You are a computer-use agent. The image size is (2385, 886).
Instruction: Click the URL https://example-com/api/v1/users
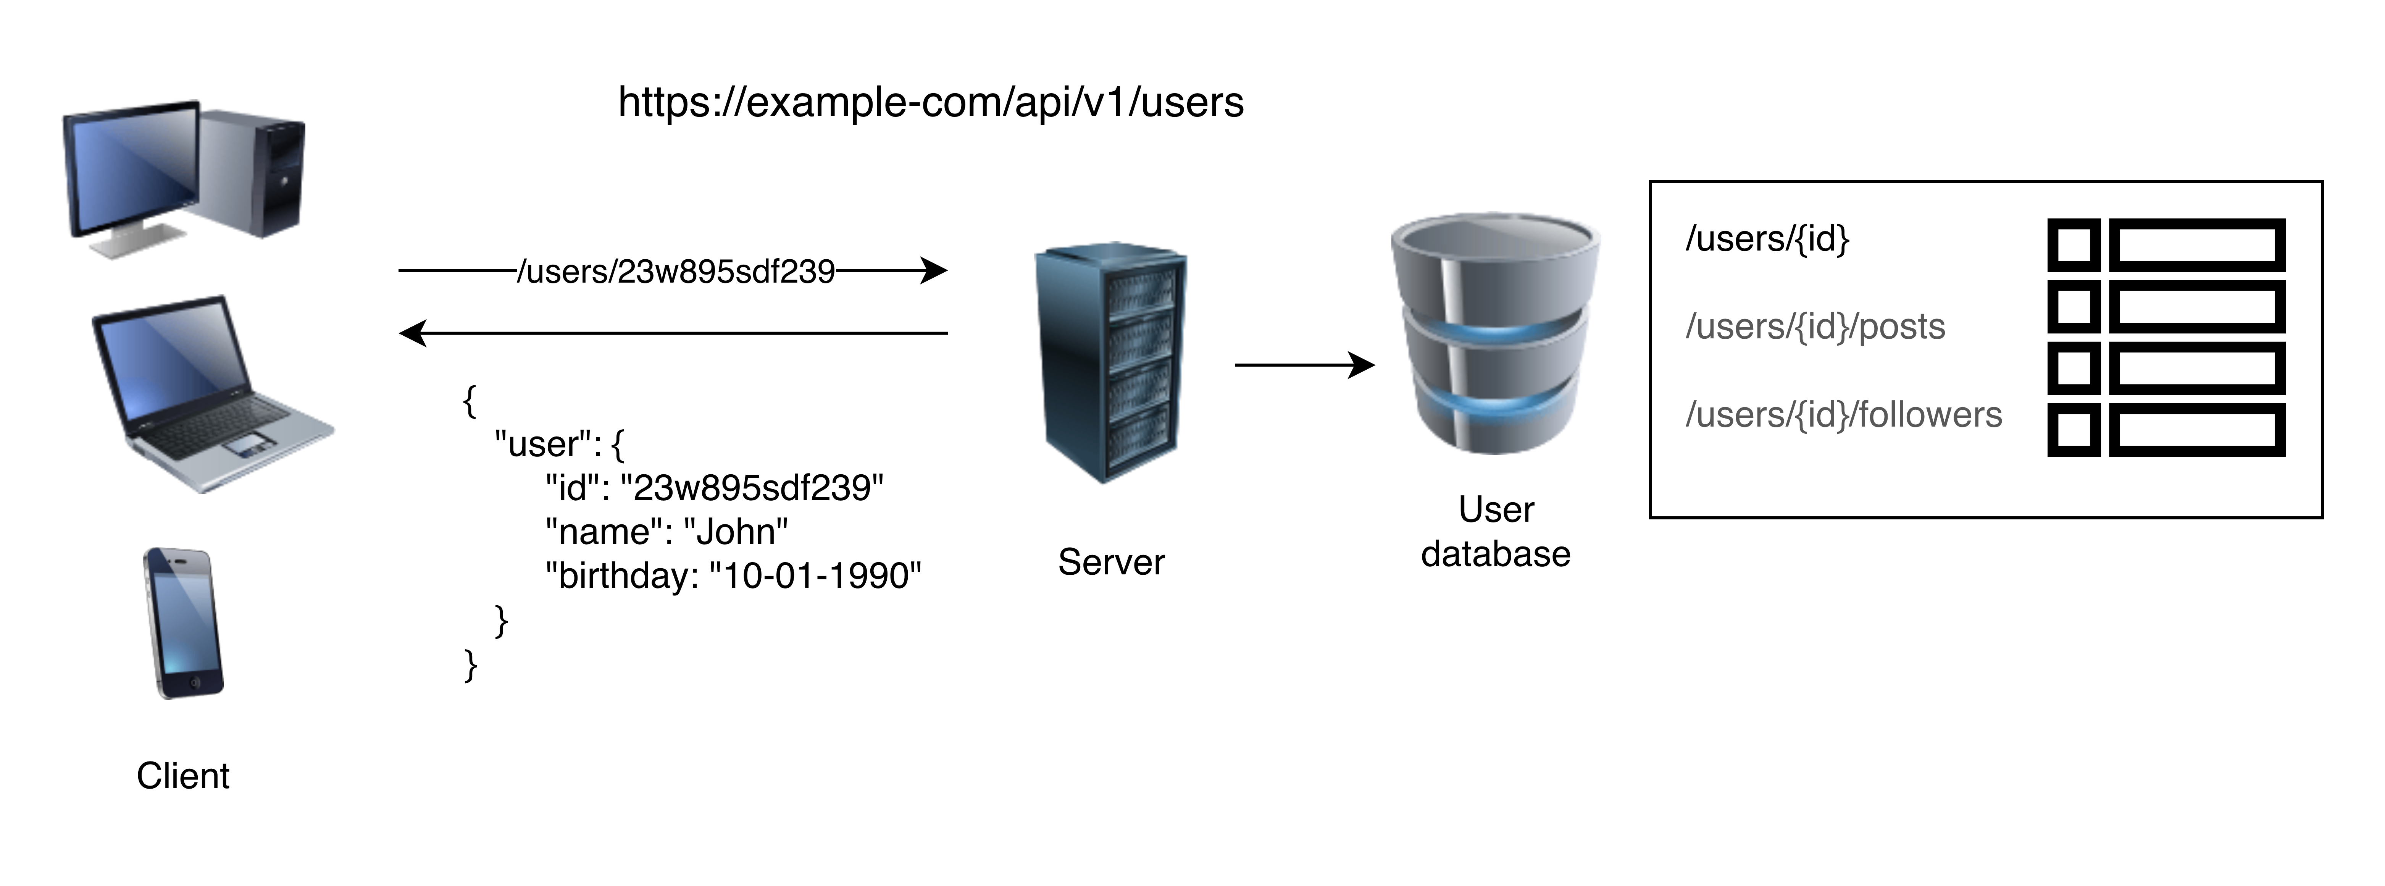click(931, 102)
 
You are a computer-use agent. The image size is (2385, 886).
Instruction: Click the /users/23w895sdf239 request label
click(676, 271)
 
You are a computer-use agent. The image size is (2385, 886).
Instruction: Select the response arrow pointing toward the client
click(673, 332)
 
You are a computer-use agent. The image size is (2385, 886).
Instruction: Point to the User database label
click(1495, 532)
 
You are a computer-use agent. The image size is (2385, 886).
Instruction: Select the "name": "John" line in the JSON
click(666, 532)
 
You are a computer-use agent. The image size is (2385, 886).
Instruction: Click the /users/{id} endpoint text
click(1767, 239)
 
